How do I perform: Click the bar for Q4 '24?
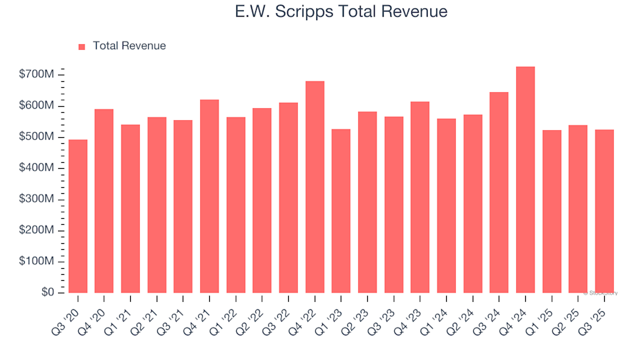pos(525,180)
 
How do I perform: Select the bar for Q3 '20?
pos(78,216)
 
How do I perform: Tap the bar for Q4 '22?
pos(315,187)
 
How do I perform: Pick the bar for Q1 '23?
pos(341,211)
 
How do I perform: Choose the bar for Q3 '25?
pos(604,211)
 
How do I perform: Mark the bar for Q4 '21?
pos(209,196)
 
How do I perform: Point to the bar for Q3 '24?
pos(499,193)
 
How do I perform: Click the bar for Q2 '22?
pos(262,201)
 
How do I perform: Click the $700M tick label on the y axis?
pos(37,75)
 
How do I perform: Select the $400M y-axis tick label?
pos(37,168)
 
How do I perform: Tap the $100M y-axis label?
pos(37,261)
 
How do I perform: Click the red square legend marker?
pos(82,47)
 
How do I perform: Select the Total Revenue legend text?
pos(129,46)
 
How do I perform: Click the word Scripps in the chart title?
pos(313,12)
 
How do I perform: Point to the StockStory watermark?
pos(601,293)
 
